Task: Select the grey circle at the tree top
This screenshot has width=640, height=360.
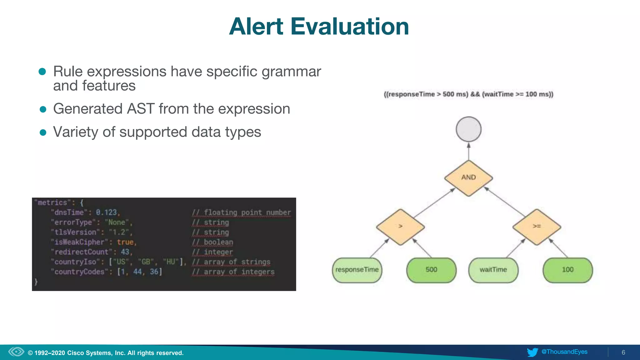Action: click(x=468, y=129)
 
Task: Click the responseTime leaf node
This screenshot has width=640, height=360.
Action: click(x=357, y=270)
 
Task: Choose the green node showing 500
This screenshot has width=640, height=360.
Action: click(x=431, y=270)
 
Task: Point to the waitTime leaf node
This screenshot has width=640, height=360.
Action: click(x=493, y=270)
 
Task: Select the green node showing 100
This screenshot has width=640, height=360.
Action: click(x=567, y=270)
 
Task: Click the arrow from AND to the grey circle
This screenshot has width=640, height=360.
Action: click(x=468, y=152)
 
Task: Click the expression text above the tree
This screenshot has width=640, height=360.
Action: click(x=468, y=94)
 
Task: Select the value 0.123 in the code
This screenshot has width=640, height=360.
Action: click(x=106, y=212)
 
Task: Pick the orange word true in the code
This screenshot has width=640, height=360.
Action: click(x=125, y=242)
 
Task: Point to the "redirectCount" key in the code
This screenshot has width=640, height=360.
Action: click(x=82, y=252)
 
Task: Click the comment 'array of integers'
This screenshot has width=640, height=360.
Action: click(x=233, y=272)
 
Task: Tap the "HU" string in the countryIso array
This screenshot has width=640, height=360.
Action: click(x=171, y=262)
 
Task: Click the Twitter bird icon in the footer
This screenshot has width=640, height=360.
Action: click(x=532, y=352)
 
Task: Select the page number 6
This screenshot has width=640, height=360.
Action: click(x=623, y=352)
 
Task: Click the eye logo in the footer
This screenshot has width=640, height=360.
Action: click(x=16, y=352)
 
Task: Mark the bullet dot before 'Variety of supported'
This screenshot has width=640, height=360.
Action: click(x=43, y=132)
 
